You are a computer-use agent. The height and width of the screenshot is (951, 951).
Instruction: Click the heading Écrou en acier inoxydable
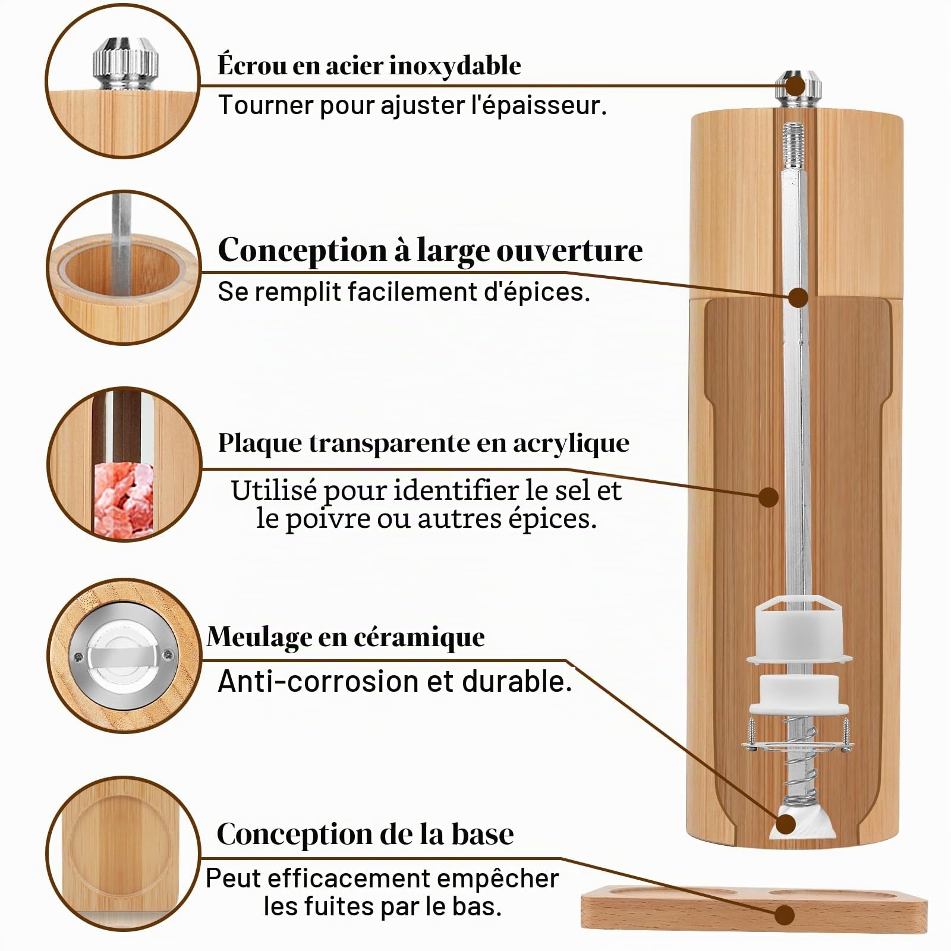369,65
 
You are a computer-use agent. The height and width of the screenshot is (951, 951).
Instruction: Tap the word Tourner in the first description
266,105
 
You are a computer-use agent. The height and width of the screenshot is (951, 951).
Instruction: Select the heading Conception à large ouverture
430,250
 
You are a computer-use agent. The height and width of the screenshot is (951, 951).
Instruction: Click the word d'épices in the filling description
537,292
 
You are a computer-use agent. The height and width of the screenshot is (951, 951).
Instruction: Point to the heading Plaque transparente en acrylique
424,443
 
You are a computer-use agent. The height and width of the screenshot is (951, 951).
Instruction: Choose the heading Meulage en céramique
346,637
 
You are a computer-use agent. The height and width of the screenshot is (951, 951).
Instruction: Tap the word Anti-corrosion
319,681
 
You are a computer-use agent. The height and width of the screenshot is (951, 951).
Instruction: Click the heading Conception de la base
365,834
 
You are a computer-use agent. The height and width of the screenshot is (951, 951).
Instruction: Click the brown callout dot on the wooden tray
785,915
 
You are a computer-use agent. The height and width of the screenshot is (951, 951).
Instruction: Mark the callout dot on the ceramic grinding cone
786,824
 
